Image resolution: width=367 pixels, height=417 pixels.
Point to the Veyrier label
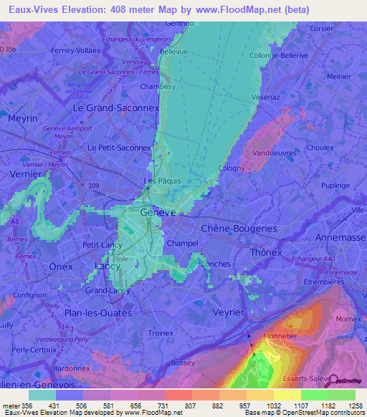click(x=229, y=312)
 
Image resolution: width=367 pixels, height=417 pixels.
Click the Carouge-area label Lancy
click(x=107, y=266)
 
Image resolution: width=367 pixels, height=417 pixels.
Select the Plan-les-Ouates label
click(x=98, y=313)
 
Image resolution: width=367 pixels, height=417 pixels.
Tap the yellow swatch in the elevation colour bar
click(x=287, y=395)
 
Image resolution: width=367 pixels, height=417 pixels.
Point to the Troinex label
click(x=161, y=333)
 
